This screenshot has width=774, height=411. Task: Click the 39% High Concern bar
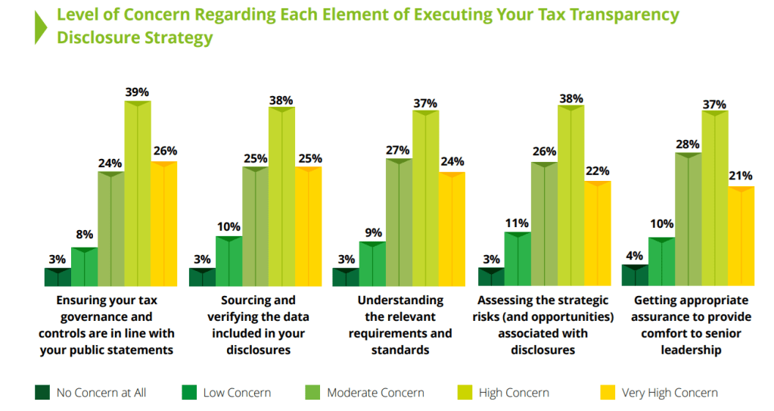coord(138,193)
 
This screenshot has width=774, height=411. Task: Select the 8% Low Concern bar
coord(84,266)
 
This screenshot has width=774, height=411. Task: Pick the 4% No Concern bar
coord(634,276)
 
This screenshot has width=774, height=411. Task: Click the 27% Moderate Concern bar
coord(399,223)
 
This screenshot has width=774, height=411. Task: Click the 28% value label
coord(687,142)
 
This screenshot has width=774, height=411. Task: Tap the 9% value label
coord(372,232)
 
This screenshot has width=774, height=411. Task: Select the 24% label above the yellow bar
coord(452,162)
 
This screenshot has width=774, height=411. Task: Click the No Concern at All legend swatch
coord(42,392)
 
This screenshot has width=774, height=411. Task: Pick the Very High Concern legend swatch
coord(608,392)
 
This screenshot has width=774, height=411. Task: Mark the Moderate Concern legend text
coord(375,393)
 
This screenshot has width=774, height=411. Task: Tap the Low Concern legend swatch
coord(189,392)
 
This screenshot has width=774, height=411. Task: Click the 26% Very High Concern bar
coord(163,224)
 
